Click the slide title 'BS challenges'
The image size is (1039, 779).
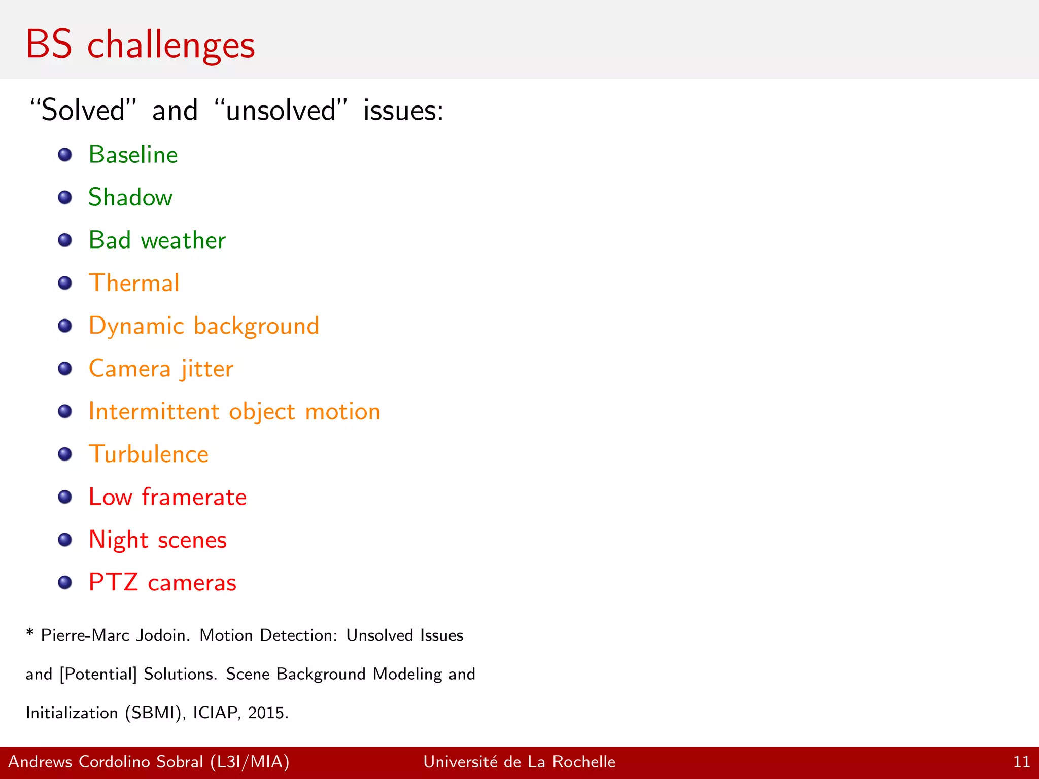(140, 45)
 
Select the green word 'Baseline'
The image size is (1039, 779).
(133, 155)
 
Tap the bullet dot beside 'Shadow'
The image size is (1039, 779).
(65, 197)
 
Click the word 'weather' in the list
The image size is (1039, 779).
(183, 240)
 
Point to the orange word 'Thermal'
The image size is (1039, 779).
(134, 283)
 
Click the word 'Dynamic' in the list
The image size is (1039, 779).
(136, 326)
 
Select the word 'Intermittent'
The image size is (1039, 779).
(154, 411)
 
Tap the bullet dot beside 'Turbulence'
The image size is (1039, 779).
(65, 454)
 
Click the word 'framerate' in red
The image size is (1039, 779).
(194, 497)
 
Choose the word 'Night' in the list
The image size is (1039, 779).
(118, 540)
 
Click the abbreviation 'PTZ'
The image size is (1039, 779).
(113, 582)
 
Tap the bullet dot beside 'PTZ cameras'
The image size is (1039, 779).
(65, 582)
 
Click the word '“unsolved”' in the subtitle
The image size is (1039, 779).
(281, 111)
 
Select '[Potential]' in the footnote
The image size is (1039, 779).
(98, 674)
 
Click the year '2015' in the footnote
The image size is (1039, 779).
(268, 713)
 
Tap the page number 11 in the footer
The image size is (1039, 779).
(1021, 762)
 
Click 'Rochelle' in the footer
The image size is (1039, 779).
(583, 762)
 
